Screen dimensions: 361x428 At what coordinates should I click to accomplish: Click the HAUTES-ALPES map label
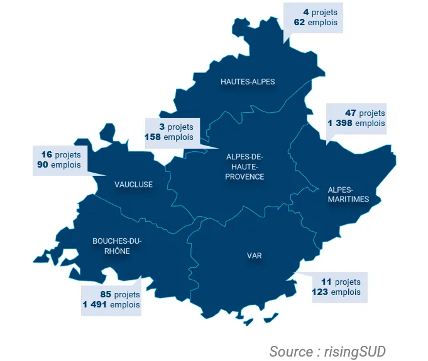(248, 82)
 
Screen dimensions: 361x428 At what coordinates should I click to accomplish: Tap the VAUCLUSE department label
(133, 185)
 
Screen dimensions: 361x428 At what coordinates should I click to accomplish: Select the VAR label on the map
(254, 256)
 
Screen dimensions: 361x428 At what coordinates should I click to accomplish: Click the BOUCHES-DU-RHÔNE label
(117, 246)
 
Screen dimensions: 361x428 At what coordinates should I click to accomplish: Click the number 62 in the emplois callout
(299, 22)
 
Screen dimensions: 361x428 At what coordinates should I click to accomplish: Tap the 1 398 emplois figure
(339, 123)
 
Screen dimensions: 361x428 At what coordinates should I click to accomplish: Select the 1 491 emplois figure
(94, 304)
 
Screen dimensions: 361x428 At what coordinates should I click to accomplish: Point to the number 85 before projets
(106, 294)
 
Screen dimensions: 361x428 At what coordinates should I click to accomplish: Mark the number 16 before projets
(47, 154)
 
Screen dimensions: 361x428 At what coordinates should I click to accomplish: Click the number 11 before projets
(326, 282)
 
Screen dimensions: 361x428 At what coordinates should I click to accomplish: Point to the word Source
(290, 351)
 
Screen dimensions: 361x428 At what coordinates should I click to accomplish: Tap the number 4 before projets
(307, 12)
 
